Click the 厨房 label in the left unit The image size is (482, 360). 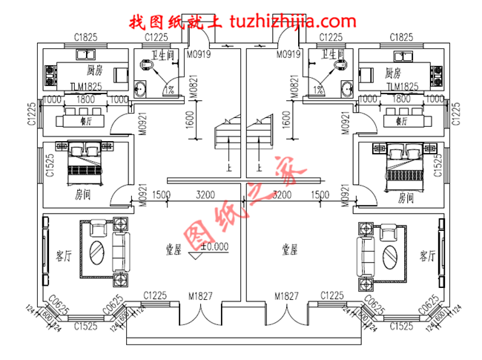pyautogui.click(x=93, y=73)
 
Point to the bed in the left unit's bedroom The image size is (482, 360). pyautogui.click(x=85, y=163)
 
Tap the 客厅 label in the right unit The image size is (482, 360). pyautogui.click(x=427, y=256)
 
